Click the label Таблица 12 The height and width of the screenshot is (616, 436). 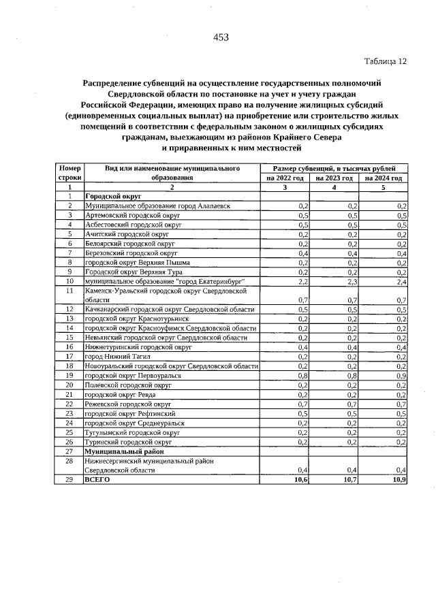[386, 61]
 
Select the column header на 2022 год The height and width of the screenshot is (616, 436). [286, 178]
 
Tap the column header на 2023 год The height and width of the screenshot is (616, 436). [334, 178]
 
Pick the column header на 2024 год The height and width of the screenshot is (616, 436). [384, 178]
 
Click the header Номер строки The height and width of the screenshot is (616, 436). [69, 172]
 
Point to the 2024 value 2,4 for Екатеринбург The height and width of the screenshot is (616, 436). [402, 281]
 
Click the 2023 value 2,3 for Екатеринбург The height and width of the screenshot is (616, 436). [353, 281]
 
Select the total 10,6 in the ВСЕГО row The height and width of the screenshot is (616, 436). [302, 480]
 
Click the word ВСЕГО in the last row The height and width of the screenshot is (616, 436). [96, 480]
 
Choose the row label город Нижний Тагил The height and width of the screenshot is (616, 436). [113, 356]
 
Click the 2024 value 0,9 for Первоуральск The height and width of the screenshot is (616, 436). [402, 375]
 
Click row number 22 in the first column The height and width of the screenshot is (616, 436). [69, 404]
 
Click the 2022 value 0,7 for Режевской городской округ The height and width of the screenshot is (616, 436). [304, 404]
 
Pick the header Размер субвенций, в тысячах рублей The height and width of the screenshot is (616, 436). [334, 167]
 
